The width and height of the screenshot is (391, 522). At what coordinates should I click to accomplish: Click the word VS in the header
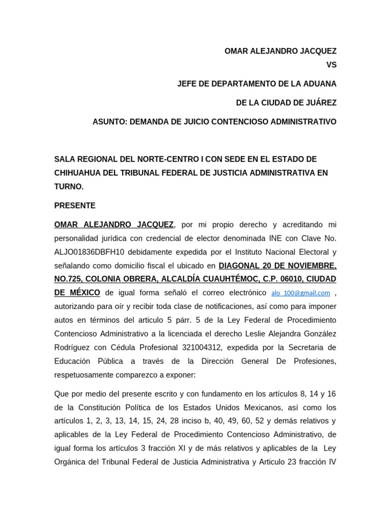tap(331, 65)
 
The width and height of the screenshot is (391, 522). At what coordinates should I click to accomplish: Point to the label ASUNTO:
tap(109, 122)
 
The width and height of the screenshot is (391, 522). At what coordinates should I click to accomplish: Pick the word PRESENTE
tap(75, 205)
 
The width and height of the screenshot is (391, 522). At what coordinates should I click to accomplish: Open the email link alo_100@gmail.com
tap(301, 293)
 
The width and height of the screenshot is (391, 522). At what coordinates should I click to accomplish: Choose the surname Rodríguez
tap(73, 348)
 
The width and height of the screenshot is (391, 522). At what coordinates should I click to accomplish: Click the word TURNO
tap(68, 187)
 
